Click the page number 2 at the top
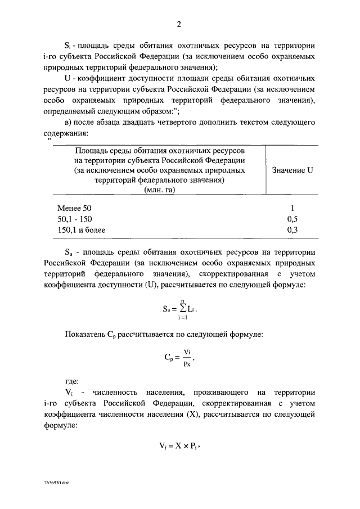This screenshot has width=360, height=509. point(179,24)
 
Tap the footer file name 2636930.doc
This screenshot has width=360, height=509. point(56,483)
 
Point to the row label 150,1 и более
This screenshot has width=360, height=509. point(82,229)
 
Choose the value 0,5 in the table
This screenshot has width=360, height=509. point(292,219)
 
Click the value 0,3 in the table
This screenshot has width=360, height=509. point(292,229)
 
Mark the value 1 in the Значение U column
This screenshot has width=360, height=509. point(292,208)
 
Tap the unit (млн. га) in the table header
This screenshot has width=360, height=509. point(160,190)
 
